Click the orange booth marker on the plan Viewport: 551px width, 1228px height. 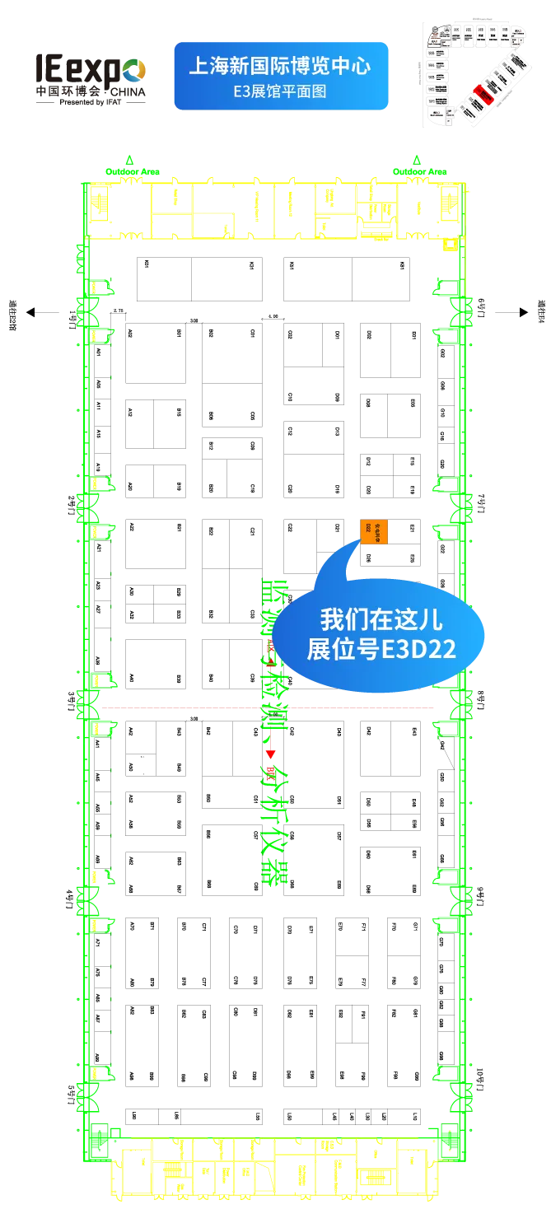[x=374, y=532]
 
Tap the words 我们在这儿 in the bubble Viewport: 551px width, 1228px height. [x=381, y=620]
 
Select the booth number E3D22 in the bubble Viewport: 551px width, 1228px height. [x=418, y=650]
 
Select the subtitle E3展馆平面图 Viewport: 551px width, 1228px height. [x=280, y=91]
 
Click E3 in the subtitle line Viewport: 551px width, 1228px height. [x=240, y=91]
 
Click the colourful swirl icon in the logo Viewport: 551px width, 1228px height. [x=135, y=72]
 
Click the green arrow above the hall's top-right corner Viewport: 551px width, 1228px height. [x=418, y=157]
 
